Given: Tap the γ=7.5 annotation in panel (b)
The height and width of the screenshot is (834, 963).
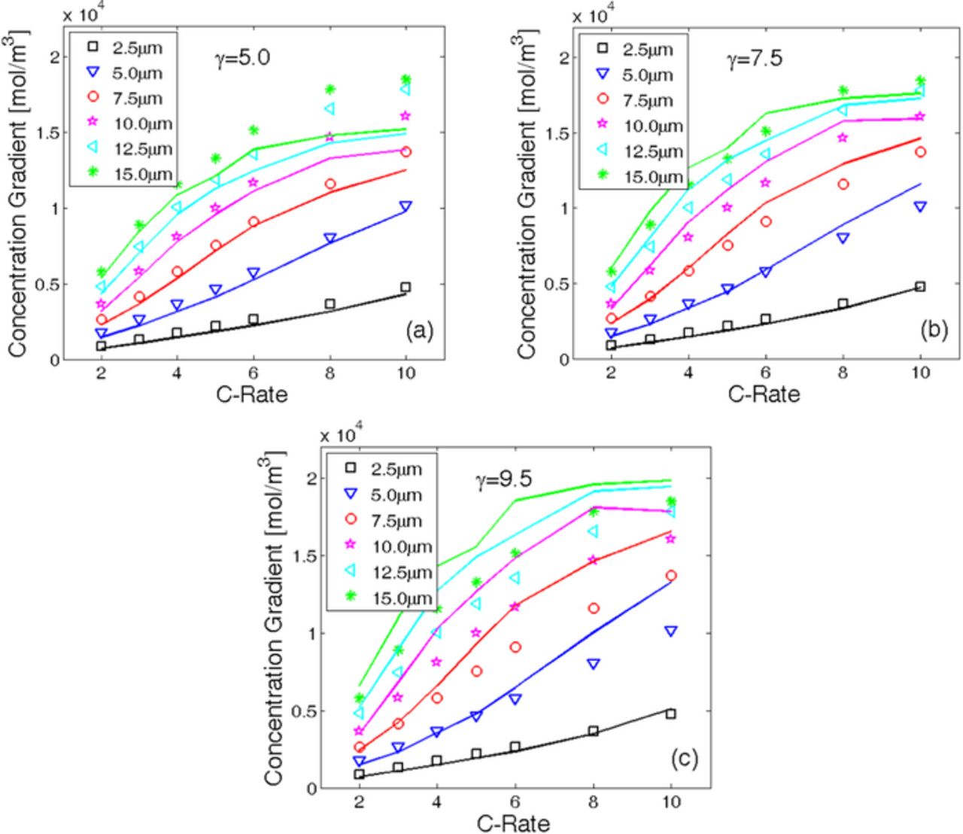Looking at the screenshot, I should click(755, 59).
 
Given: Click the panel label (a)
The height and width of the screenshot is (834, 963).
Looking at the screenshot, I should click(418, 330).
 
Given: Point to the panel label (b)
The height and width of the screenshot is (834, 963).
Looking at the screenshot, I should click(933, 329).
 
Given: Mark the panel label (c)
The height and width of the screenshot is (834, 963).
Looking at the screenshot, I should click(684, 758).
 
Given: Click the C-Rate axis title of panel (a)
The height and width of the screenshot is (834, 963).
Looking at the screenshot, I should click(253, 394).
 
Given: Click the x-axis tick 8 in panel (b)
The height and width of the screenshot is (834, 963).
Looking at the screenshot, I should click(843, 373).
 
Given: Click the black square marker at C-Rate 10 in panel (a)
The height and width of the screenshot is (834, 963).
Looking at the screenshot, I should click(406, 288).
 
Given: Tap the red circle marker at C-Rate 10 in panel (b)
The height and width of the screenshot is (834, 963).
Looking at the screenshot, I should click(919, 152).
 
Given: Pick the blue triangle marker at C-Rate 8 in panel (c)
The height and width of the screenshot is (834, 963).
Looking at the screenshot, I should click(594, 664).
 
